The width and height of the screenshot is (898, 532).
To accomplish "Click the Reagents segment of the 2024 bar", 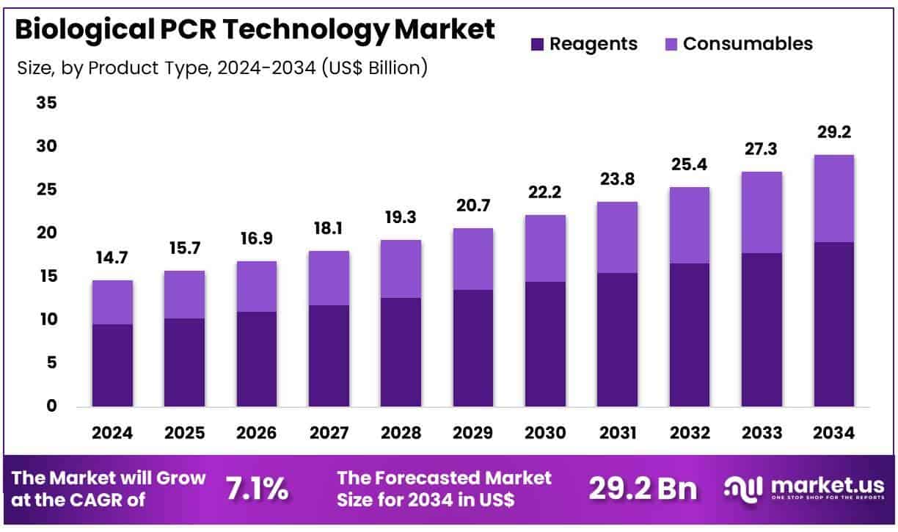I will point(112,365).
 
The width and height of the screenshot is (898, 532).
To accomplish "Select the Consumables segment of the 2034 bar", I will point(833,198).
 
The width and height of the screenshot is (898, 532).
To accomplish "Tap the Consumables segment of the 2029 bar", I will point(472,259).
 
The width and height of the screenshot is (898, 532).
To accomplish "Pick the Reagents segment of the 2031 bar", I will point(617,340).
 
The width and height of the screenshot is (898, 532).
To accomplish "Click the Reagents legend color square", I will point(537,44).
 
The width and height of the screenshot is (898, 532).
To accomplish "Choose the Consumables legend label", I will point(748,43).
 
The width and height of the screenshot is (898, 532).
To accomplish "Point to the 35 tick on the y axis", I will point(46,103).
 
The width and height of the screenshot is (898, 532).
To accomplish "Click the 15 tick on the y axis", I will point(46,277).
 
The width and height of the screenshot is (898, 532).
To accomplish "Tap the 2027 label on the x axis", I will point(328,433).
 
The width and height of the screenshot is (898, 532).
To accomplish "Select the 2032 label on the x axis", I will point(689,433).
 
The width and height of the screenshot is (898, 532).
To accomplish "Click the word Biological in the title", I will point(73,30).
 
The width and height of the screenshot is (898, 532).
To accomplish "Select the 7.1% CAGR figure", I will point(256,489).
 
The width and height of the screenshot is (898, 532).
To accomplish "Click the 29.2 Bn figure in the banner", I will point(643,489).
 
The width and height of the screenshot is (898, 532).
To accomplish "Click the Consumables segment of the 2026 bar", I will point(256,286).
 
